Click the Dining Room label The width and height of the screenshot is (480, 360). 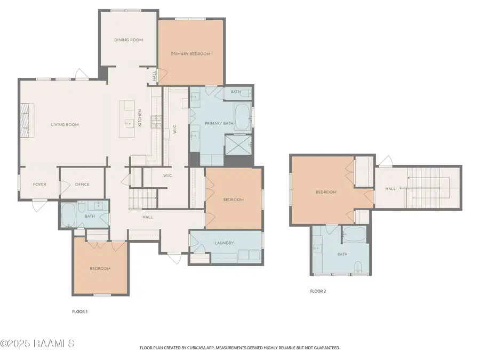pos(129,40)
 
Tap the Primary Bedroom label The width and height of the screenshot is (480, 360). pos(190,54)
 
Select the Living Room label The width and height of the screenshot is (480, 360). pos(65,125)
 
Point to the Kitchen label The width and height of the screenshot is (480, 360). pos(140,118)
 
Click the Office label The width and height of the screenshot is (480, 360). pos(82,185)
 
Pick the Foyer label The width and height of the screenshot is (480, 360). pos(40,185)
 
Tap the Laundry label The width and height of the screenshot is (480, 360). pos(224,243)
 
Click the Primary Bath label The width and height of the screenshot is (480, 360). pos(219,123)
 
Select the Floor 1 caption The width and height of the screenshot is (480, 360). pos(80,311)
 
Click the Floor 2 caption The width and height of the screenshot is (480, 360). pos(318,291)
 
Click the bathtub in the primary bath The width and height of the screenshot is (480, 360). pos(243,117)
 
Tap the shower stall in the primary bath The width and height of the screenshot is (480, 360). pos(238,145)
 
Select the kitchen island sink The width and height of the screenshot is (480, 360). pos(130,123)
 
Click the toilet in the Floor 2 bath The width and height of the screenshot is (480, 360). pos(357,267)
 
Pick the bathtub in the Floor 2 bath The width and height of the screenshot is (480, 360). pos(354,234)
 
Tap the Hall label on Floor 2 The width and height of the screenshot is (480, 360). pos(390,189)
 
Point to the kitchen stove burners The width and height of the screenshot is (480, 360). pos(156,122)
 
